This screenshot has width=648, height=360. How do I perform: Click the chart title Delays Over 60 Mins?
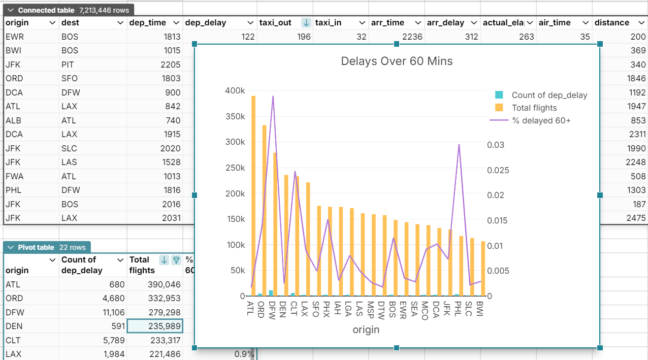tap(397, 61)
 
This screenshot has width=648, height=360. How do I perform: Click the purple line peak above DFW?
tap(273, 96)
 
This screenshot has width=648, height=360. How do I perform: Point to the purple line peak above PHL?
tap(459, 145)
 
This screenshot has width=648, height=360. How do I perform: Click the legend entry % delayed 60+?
tap(541, 120)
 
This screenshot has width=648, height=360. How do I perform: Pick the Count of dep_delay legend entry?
tap(549, 95)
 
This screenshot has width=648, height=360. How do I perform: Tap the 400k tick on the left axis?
tap(235, 90)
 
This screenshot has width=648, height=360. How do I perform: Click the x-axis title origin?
tap(366, 330)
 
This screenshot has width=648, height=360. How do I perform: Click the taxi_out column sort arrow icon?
tap(306, 23)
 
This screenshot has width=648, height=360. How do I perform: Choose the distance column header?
tap(612, 23)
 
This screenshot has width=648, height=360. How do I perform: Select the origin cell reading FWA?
tap(15, 176)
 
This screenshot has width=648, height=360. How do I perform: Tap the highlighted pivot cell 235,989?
tap(155, 326)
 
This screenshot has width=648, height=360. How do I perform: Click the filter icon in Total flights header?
tap(176, 260)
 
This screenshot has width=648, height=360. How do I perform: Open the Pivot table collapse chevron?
tap(11, 247)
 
